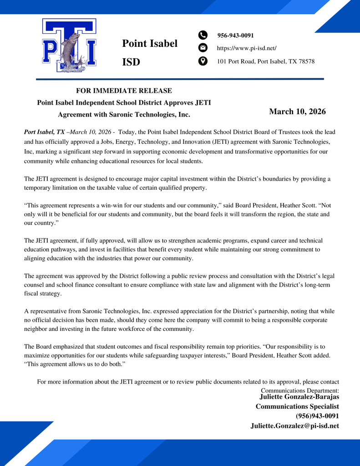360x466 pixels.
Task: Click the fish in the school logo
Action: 69,50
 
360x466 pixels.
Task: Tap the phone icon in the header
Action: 203,35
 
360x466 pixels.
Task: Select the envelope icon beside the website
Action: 203,48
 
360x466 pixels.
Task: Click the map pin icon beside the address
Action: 203,61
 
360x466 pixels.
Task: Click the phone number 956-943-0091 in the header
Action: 235,35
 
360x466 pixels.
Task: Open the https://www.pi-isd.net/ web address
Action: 246,48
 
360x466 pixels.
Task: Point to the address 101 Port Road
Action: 265,61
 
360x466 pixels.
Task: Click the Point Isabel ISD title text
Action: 149,52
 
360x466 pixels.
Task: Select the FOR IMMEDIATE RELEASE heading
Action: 124,91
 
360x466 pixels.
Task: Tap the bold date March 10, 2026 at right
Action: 297,111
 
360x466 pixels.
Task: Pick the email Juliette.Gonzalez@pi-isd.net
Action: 294,426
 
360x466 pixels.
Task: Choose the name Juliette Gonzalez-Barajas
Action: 299,397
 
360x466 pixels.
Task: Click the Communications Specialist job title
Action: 297,406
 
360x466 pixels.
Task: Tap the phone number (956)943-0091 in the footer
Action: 317,416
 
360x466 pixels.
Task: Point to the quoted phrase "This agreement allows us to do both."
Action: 74,364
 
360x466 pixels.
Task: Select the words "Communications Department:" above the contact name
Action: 299,390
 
